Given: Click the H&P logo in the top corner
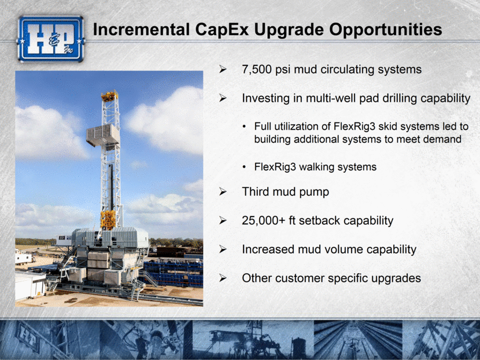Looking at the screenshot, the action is tap(50, 39).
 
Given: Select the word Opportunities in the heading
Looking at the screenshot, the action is tap(385, 29).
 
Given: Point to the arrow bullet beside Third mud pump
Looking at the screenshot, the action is tap(223, 192).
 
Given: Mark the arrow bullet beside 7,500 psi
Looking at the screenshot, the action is tap(223, 69).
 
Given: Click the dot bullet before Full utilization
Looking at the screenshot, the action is tap(244, 127).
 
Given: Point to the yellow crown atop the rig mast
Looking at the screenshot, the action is tap(110, 96).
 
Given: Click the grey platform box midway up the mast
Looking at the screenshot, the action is tap(103, 135).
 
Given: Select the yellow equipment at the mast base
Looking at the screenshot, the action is tap(108, 220).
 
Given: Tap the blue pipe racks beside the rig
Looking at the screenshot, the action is tap(173, 273).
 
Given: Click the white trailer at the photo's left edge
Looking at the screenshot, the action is tap(24, 257).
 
